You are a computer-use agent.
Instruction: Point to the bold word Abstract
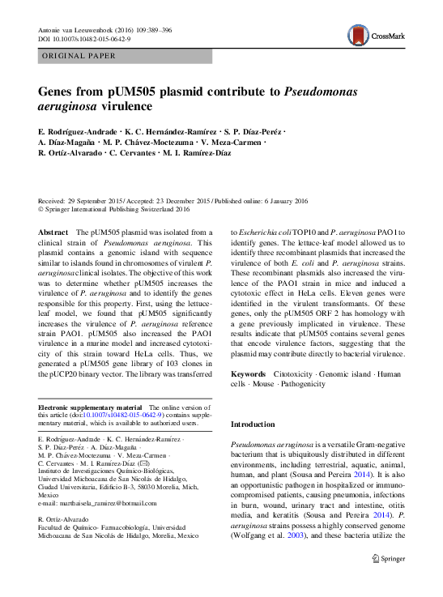53,232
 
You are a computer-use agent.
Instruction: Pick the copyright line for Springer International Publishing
115,208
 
